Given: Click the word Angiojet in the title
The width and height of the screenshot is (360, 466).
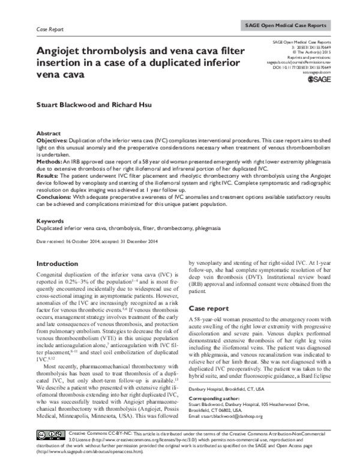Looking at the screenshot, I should pos(58,52).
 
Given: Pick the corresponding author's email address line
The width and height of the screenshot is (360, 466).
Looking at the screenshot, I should pos(235,432).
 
